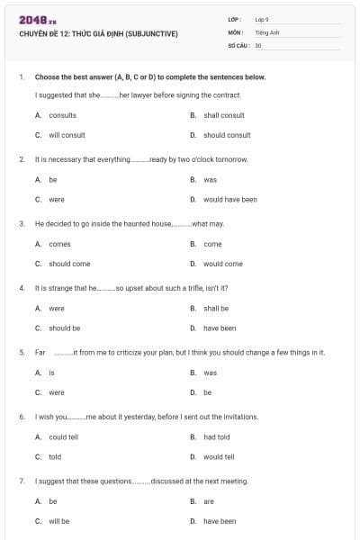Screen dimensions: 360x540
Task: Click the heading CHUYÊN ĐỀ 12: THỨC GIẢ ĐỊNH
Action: point(98,34)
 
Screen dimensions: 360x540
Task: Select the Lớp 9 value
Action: point(262,19)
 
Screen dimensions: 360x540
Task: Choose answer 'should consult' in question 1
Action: point(227,135)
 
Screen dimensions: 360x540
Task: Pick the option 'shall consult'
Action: point(224,115)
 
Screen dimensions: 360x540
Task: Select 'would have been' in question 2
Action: point(230,200)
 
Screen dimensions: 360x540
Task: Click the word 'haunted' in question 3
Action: point(142,223)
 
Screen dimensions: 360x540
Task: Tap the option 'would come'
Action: point(223,264)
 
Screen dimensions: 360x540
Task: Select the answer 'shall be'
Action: point(216,309)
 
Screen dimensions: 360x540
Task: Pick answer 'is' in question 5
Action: point(52,373)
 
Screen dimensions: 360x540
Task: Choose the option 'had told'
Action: point(217,437)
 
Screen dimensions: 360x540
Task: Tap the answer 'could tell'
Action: point(63,437)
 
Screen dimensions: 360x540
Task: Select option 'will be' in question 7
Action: point(58,521)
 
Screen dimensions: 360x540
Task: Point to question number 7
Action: point(21,481)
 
